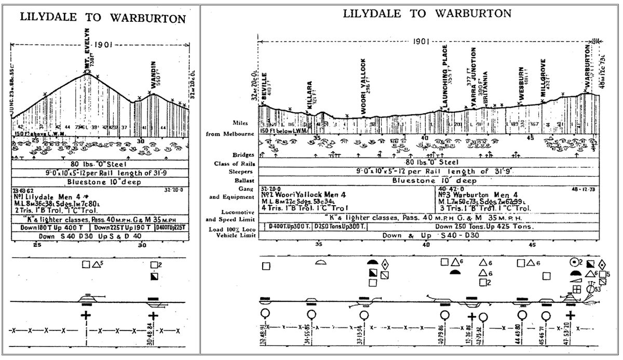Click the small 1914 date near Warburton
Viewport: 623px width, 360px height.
click(x=597, y=41)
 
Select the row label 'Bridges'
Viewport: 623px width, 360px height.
click(x=245, y=155)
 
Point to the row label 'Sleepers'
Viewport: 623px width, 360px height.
click(x=244, y=172)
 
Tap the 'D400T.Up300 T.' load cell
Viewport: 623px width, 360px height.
click(x=288, y=226)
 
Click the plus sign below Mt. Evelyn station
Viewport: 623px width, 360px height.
click(x=86, y=315)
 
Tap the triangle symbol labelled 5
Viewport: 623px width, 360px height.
click(x=97, y=264)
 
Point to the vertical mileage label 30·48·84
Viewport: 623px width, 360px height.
click(x=150, y=333)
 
